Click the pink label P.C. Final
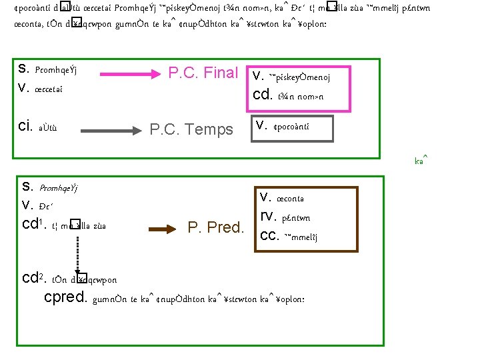click(203, 73)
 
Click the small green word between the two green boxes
click(421, 161)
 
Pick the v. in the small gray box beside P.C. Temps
click(262, 123)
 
